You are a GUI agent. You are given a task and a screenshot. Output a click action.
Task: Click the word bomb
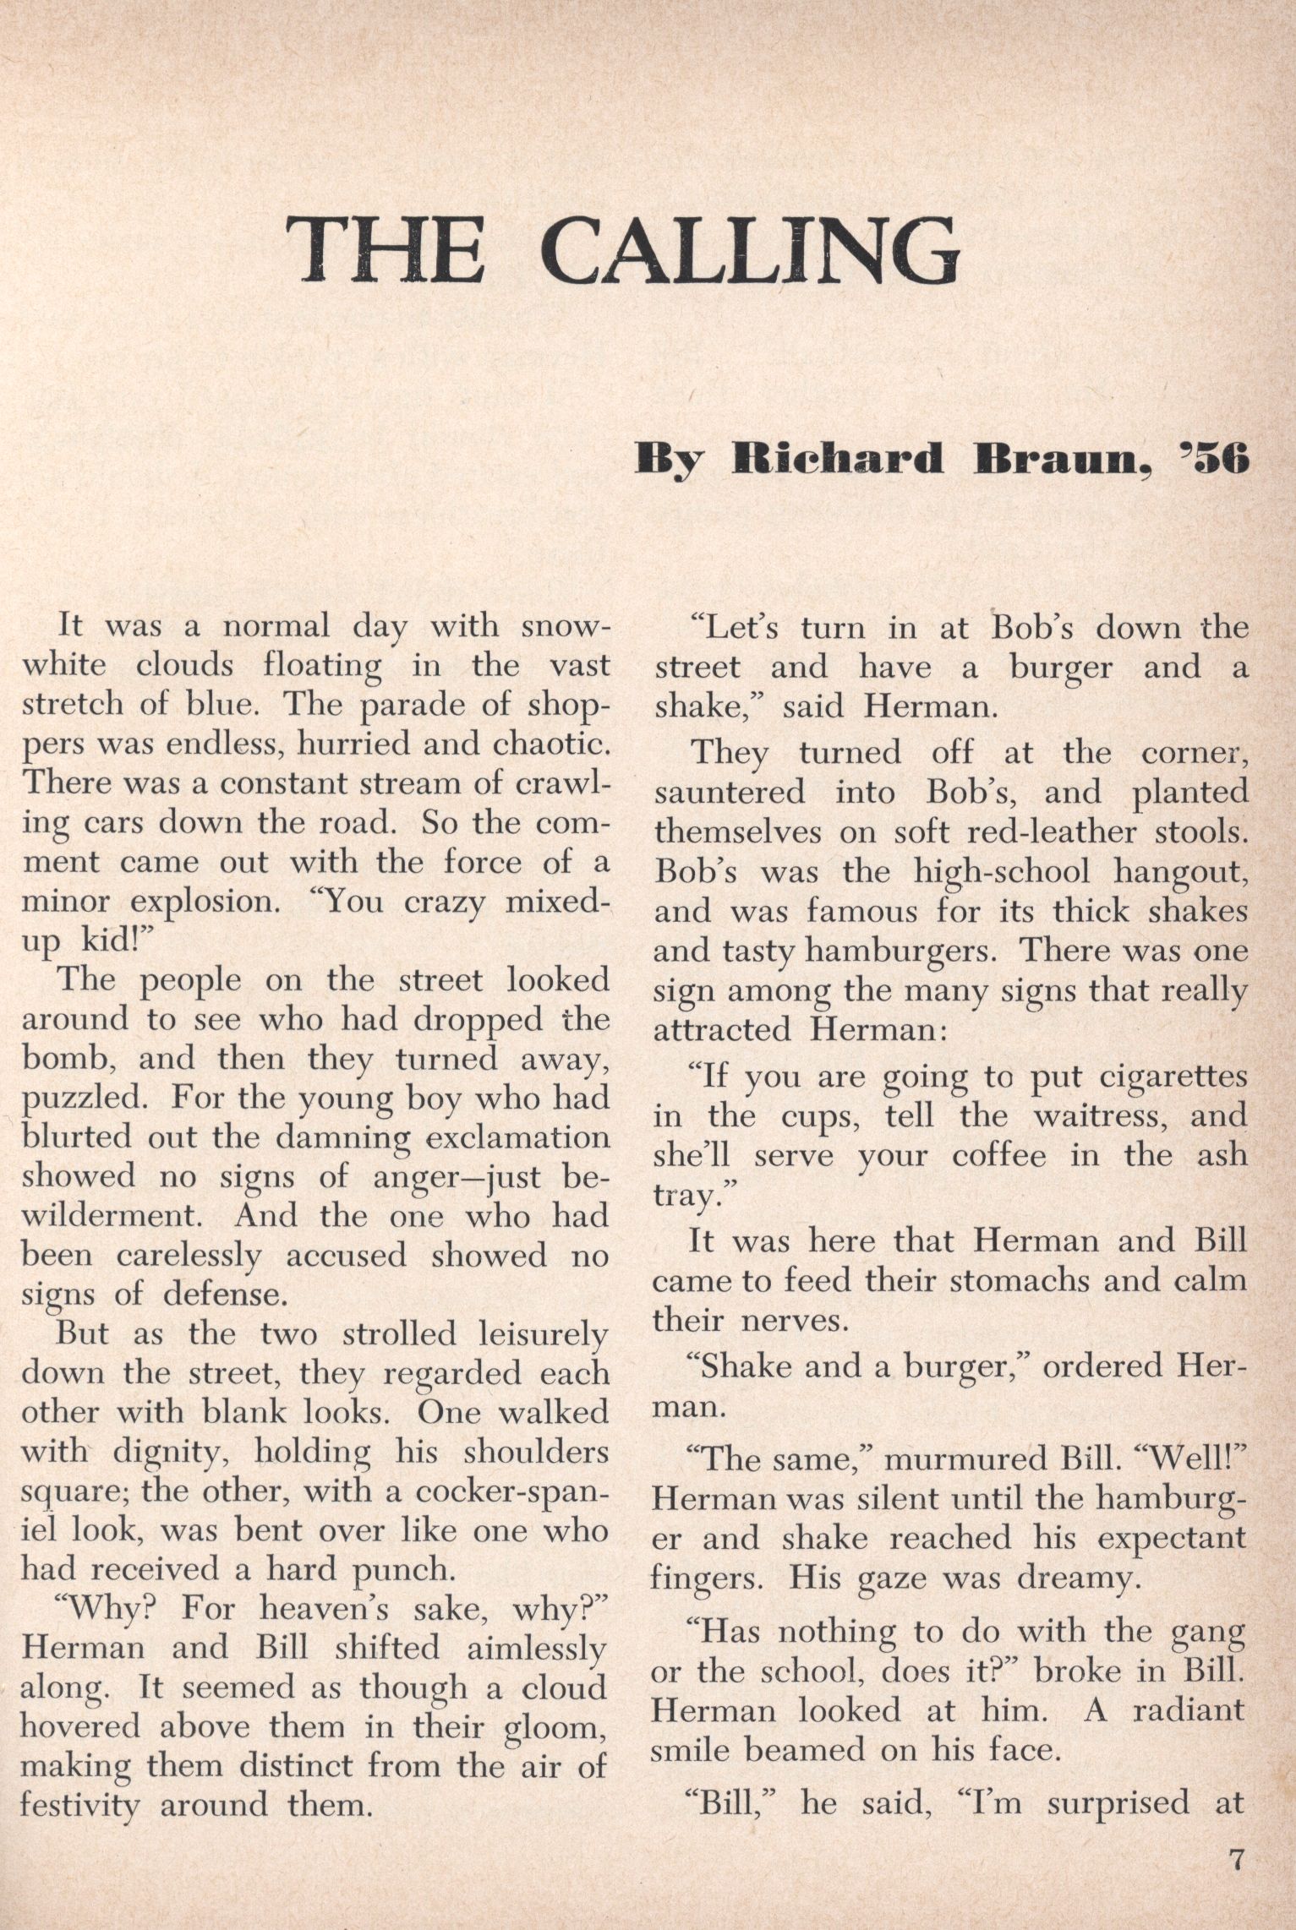(x=62, y=1057)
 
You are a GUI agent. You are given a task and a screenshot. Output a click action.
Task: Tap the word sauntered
(x=729, y=793)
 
